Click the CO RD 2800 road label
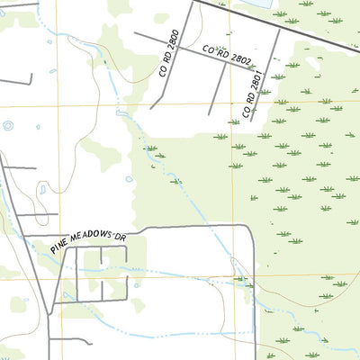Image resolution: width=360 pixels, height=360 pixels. pyautogui.click(x=171, y=54)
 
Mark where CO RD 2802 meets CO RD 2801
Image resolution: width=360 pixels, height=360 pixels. pyautogui.click(x=265, y=69)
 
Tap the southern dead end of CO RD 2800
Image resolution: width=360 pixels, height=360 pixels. pyautogui.click(x=151, y=109)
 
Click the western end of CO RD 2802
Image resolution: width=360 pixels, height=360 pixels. pyautogui.click(x=135, y=33)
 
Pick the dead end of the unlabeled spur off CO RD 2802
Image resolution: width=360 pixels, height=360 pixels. pyautogui.click(x=210, y=114)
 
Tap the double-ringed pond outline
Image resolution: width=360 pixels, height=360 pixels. pyautogui.click(x=41, y=190)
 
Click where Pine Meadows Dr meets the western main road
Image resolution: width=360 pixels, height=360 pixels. pyautogui.click(x=25, y=236)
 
